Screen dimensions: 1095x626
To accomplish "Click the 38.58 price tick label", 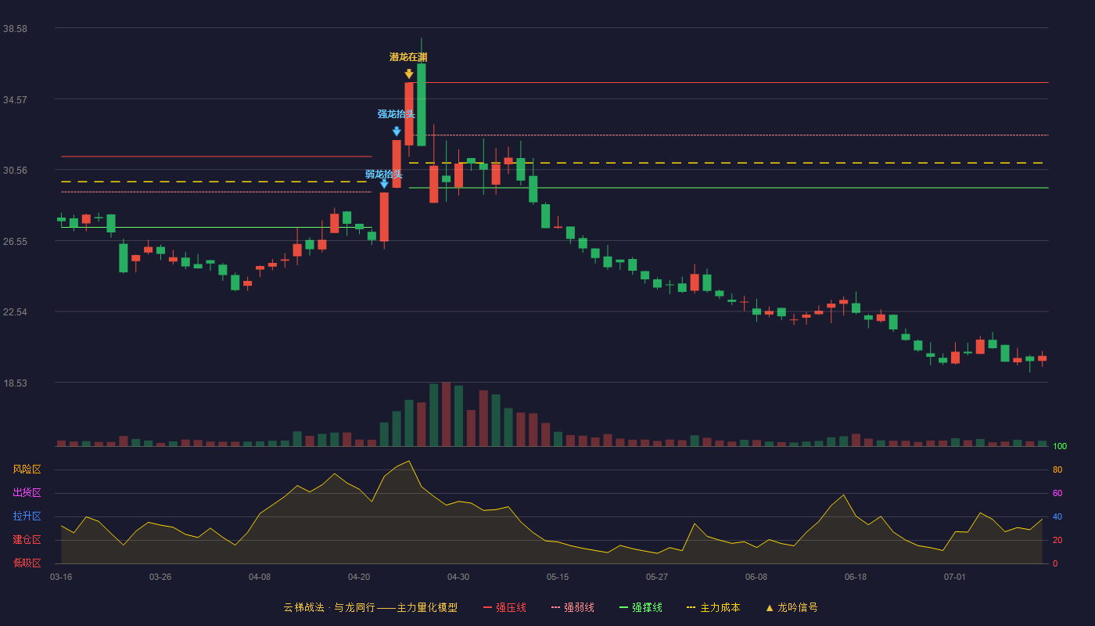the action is coord(15,29).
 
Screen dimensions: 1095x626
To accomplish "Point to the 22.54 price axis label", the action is coord(15,312).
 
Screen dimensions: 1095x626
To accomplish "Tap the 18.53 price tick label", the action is coord(15,383).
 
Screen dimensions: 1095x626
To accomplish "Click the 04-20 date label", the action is coord(359,577).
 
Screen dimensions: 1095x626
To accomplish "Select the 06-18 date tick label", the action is coord(856,577).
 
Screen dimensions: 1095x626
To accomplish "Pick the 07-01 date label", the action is coord(955,577).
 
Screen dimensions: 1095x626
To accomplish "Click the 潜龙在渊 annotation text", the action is coord(408,57).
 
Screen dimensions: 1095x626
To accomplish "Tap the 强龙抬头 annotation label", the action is coord(396,114).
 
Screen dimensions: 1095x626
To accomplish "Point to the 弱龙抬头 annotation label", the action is coord(384,174).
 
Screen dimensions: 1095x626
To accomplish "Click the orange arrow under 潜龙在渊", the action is coord(408,74).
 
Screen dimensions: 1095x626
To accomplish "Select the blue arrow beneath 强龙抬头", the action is coord(397,131).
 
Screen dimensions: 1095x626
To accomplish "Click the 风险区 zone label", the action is coord(27,469).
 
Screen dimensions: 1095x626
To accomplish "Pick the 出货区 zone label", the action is coord(27,492).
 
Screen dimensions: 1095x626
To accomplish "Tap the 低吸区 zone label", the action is coord(27,563).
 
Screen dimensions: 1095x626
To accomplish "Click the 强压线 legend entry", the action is coord(504,607).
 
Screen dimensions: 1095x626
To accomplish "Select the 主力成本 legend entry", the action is coord(713,607).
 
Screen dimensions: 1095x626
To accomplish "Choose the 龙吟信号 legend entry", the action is coord(792,607).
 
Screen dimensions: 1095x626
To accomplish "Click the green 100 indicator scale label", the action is coord(1060,446).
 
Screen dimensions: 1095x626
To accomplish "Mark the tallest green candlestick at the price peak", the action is coord(421,105).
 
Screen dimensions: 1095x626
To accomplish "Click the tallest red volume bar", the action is coord(446,414).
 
